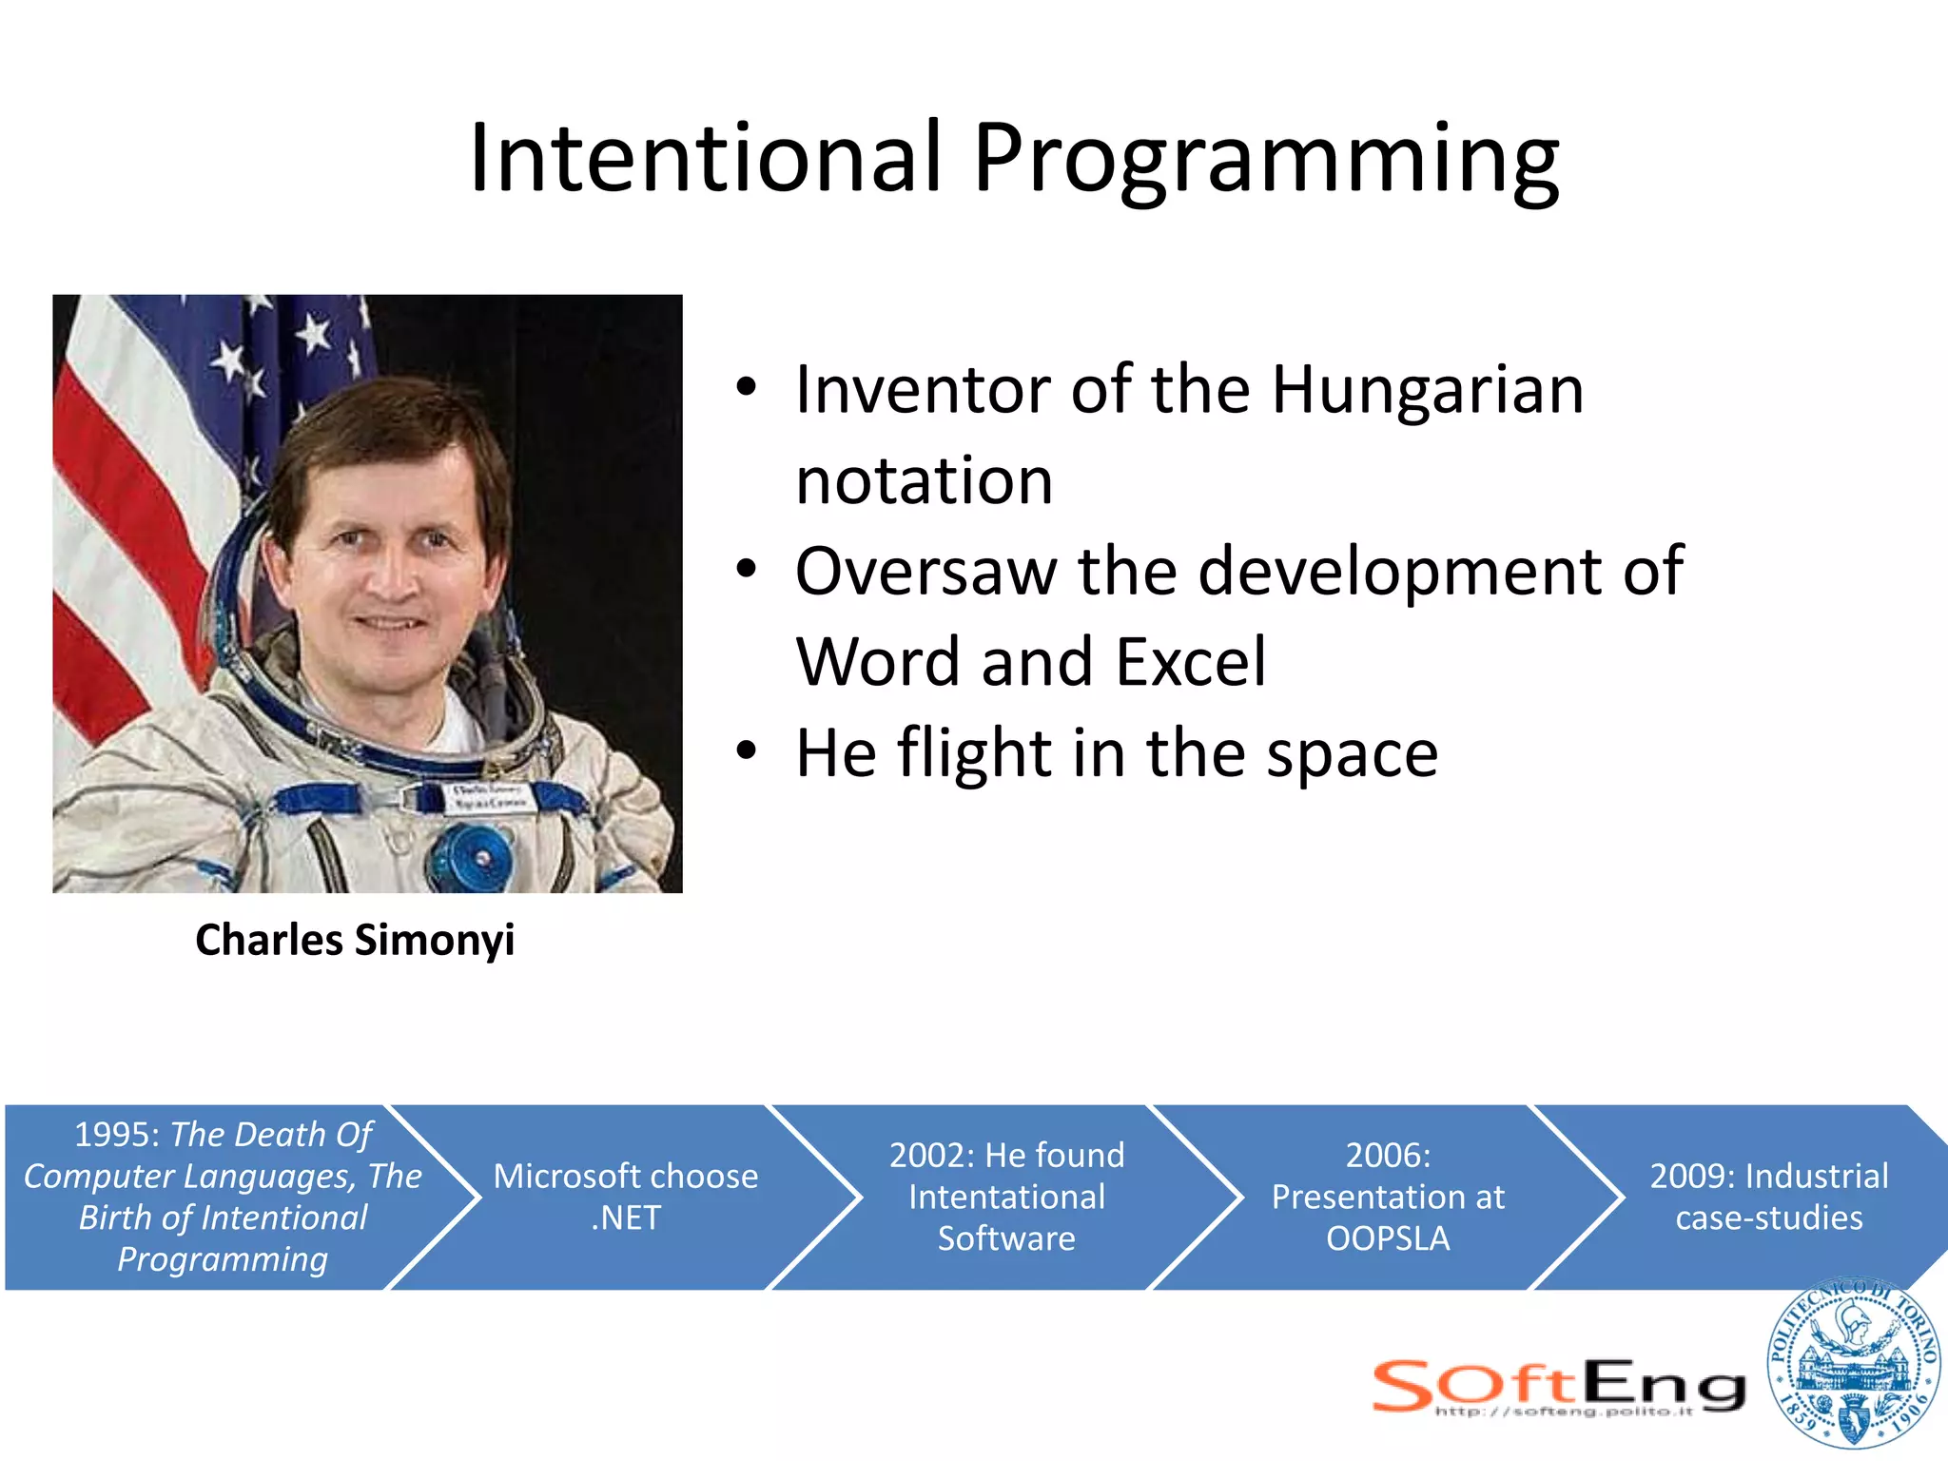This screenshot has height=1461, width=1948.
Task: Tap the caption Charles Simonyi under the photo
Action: [x=355, y=940]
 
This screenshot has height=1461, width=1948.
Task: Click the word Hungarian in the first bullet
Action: [x=1427, y=390]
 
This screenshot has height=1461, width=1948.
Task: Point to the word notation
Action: [x=924, y=480]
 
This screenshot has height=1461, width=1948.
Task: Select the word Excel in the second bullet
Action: [x=1191, y=661]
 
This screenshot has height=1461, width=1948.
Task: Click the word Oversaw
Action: [x=925, y=571]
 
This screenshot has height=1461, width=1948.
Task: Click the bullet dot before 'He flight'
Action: [x=747, y=750]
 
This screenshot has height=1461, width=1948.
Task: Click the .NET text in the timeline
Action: [x=625, y=1217]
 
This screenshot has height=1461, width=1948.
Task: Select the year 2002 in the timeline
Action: [x=931, y=1156]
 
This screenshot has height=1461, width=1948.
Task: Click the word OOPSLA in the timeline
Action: [x=1388, y=1238]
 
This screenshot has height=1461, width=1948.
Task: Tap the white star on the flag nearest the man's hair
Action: [x=313, y=334]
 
